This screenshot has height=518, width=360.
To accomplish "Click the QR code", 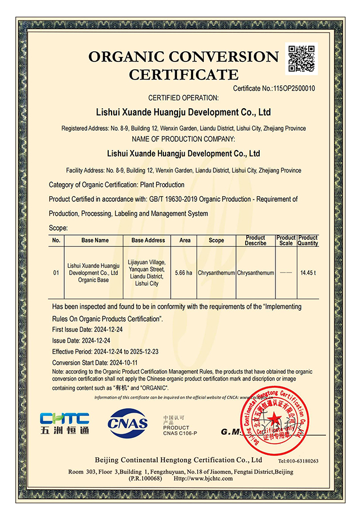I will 303,57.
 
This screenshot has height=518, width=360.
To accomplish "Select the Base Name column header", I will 95,240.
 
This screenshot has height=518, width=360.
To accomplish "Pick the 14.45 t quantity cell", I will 308,273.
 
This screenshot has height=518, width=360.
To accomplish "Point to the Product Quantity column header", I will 308,240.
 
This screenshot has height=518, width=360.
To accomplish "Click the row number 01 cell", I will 56,273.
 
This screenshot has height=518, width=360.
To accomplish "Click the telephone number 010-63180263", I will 298,461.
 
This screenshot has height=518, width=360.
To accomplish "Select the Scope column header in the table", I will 216,240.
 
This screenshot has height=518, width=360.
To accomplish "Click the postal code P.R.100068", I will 145,478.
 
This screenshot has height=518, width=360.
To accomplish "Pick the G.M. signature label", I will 232,432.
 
